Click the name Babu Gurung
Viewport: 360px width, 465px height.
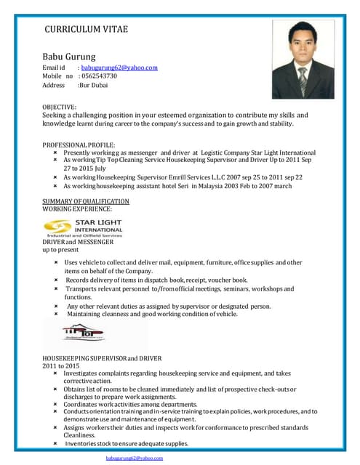coord(69,56)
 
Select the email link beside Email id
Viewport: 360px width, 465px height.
coord(119,68)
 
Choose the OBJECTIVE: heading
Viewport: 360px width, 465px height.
coord(59,106)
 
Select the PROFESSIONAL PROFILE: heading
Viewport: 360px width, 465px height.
coord(79,145)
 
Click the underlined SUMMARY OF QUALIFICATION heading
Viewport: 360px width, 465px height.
coord(86,201)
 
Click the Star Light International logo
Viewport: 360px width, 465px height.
coord(84,227)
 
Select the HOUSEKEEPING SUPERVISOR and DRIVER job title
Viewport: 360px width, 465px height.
coord(102,358)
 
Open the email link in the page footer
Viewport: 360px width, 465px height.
coord(134,458)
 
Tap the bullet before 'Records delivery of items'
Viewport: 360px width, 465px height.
coord(57,280)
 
